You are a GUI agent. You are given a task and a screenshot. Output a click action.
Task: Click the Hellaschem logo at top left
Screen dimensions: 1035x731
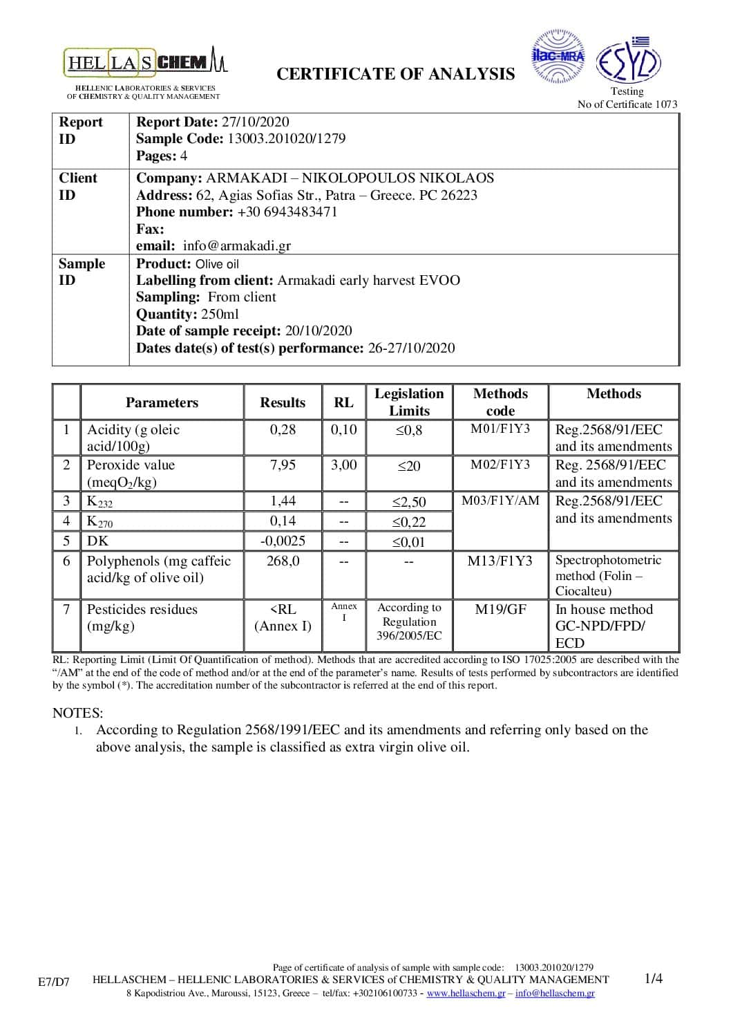pyautogui.click(x=146, y=62)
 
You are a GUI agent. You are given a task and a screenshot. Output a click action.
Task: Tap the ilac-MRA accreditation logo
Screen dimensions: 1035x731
pyautogui.click(x=558, y=57)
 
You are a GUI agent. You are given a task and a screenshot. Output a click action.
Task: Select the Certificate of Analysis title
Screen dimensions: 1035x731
pyautogui.click(x=395, y=74)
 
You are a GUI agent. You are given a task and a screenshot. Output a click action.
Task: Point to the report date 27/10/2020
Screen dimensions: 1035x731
pyautogui.click(x=255, y=122)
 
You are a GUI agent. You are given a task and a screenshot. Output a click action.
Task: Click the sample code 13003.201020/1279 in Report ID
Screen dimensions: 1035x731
pyautogui.click(x=286, y=138)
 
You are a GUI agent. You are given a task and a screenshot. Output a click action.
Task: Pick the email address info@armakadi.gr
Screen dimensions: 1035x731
pyautogui.click(x=236, y=245)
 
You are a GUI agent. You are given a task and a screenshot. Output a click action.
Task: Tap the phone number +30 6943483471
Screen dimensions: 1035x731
pyautogui.click(x=287, y=212)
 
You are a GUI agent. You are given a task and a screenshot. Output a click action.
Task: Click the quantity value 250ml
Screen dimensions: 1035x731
pyautogui.click(x=220, y=314)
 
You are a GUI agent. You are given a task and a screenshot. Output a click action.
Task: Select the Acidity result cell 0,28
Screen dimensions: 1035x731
pyautogui.click(x=283, y=429)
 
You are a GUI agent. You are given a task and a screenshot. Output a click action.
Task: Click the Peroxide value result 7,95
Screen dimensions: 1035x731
pyautogui.click(x=283, y=465)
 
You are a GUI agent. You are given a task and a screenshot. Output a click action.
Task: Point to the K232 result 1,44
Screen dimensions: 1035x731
pyautogui.click(x=283, y=501)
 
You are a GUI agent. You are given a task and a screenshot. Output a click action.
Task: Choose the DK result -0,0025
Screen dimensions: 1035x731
pyautogui.click(x=283, y=541)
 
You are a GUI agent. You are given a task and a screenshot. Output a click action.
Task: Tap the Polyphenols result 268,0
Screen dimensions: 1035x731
pyautogui.click(x=283, y=561)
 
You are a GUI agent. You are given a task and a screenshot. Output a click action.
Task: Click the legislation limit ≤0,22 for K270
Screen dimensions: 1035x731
pyautogui.click(x=409, y=521)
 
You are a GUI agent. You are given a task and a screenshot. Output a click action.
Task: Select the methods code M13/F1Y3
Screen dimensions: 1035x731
pyautogui.click(x=500, y=561)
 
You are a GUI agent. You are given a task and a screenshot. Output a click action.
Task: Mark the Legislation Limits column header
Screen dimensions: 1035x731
pyautogui.click(x=409, y=402)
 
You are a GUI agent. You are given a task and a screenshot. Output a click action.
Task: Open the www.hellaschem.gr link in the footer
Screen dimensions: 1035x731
pyautogui.click(x=466, y=994)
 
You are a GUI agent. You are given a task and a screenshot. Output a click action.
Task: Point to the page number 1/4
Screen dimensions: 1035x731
pyautogui.click(x=653, y=978)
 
